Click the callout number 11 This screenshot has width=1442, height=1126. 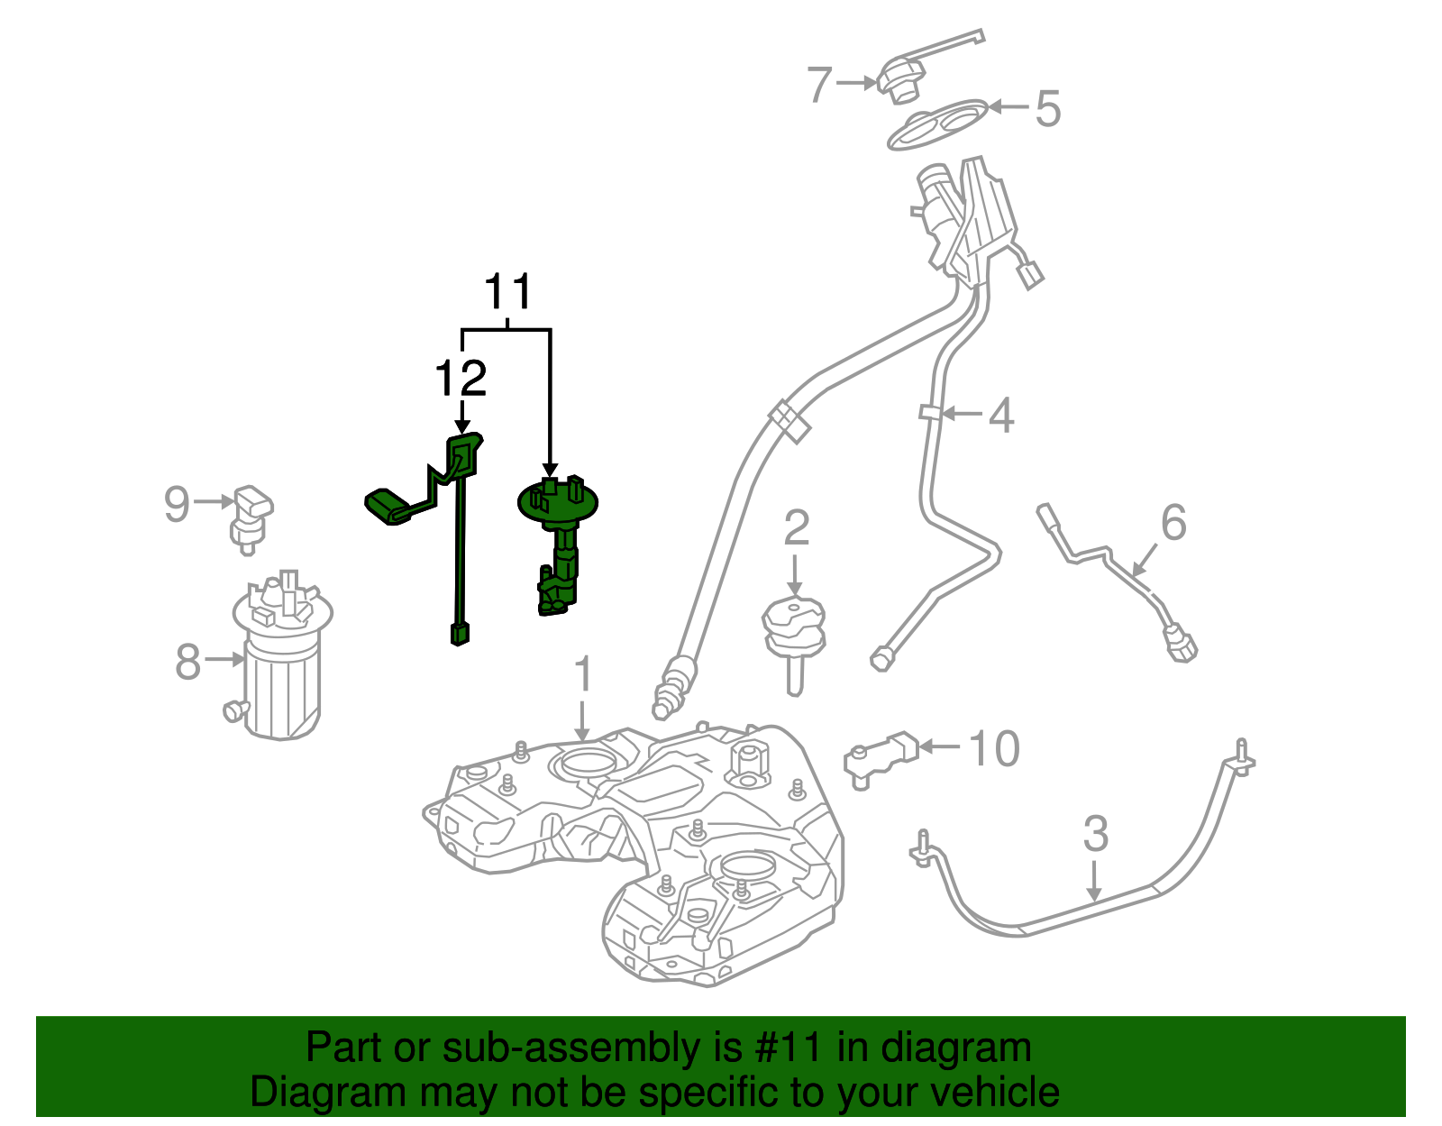tap(508, 293)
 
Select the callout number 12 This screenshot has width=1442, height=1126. tap(461, 379)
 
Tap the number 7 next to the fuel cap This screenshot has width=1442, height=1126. tap(819, 84)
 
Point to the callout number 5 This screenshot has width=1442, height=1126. tap(1047, 109)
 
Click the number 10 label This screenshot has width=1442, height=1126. tap(993, 749)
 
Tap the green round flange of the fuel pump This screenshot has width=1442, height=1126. tap(558, 501)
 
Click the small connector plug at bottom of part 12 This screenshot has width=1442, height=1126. tap(460, 634)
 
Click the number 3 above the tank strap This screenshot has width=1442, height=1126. tap(1095, 834)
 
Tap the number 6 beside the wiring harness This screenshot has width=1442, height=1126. tap(1173, 523)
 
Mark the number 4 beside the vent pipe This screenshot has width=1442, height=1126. tap(1001, 416)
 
